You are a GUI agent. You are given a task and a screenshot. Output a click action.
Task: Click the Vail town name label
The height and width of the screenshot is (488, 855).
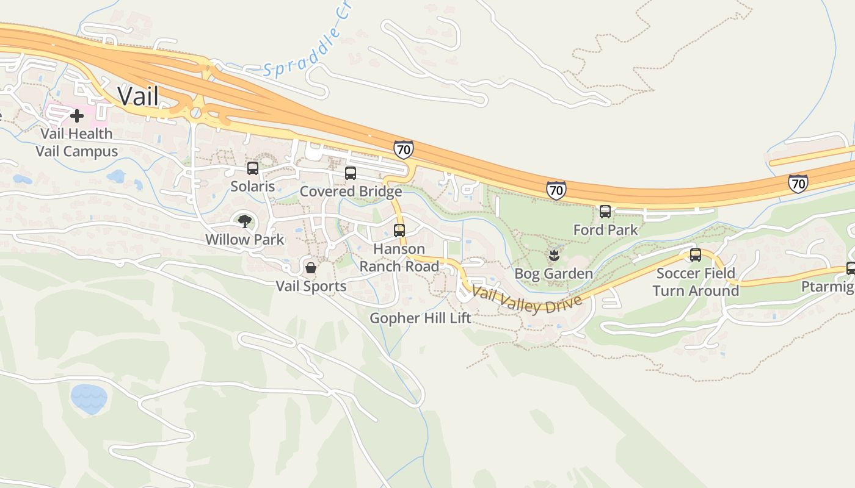click(x=138, y=96)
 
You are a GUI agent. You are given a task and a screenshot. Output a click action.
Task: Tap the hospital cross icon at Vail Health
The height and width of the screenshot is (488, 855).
click(x=77, y=115)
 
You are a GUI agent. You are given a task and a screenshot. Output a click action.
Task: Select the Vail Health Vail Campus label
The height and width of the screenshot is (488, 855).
click(x=77, y=142)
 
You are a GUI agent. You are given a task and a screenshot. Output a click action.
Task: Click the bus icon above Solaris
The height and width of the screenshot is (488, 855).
click(x=253, y=168)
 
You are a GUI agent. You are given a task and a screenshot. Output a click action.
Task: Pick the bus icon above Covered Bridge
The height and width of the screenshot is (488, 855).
click(x=351, y=173)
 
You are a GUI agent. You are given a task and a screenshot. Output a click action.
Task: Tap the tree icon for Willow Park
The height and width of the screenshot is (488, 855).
click(x=245, y=221)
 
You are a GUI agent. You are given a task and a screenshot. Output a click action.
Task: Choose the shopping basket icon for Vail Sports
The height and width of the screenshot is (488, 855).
click(x=311, y=268)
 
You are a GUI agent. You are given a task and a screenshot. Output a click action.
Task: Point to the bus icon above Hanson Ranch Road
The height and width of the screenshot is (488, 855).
click(x=399, y=231)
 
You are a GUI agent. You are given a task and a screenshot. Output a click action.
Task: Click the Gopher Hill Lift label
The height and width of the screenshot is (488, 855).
click(x=421, y=318)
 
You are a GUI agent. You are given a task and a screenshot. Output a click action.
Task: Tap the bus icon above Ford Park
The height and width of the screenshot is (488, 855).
click(x=605, y=212)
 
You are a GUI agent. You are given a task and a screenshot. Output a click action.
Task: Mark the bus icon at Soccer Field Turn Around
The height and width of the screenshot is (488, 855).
click(x=696, y=255)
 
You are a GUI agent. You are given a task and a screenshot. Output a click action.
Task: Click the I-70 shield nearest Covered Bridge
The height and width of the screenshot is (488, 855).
click(x=403, y=149)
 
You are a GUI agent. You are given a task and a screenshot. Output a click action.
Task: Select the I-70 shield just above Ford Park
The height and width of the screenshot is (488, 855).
click(x=556, y=190)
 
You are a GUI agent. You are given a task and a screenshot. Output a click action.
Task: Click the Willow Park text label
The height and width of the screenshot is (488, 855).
click(x=245, y=239)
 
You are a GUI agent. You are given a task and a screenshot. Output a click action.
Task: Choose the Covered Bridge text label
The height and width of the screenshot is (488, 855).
click(x=351, y=192)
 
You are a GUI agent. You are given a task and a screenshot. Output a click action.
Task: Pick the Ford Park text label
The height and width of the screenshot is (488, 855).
click(x=605, y=230)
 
